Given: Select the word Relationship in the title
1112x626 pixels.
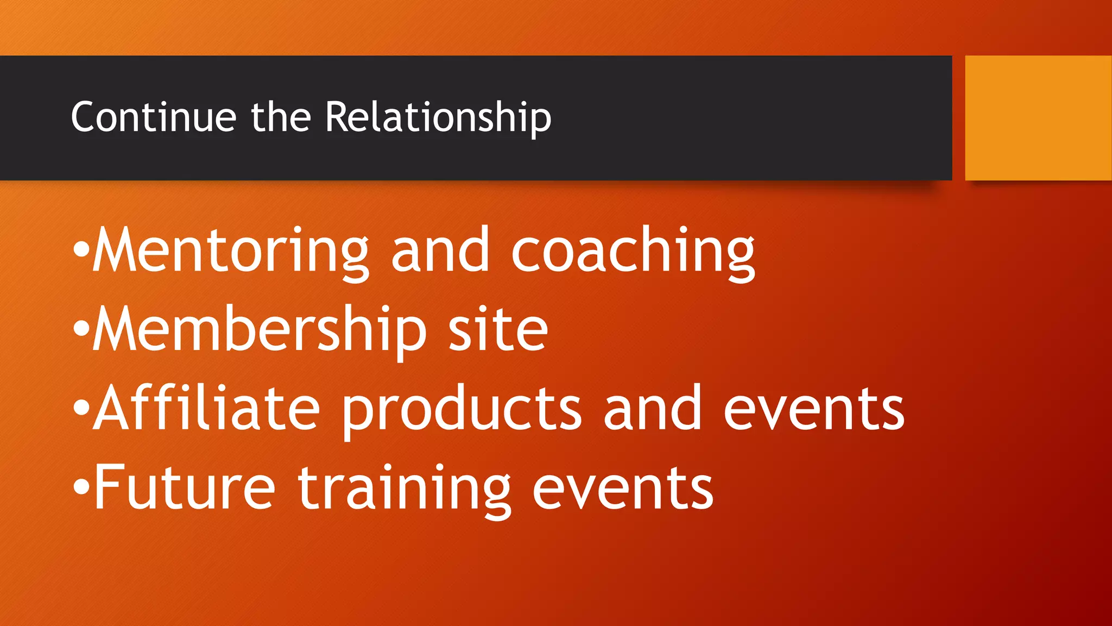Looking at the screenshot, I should pyautogui.click(x=438, y=118).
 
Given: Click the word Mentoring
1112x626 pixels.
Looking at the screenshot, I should pyautogui.click(x=231, y=251).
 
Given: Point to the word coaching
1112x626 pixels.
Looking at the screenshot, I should pyautogui.click(x=633, y=251).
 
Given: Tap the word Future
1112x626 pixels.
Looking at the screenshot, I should pyautogui.click(x=185, y=487).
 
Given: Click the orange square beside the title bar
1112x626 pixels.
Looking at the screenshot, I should pyautogui.click(x=1038, y=118).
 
